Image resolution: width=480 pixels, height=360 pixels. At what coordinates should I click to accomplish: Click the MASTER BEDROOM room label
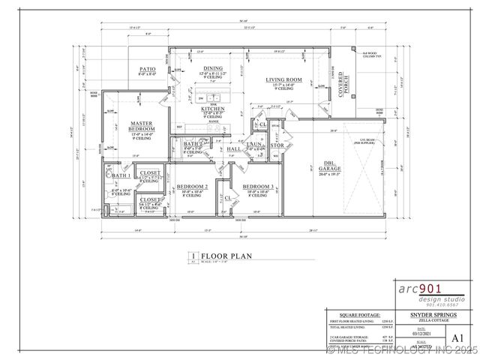point(142,126)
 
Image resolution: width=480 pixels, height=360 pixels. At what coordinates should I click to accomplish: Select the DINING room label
point(213,68)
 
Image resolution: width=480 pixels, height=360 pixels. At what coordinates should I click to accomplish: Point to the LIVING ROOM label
point(283,79)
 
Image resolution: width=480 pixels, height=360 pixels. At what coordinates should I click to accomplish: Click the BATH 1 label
point(121,175)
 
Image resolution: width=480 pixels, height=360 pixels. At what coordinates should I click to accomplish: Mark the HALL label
point(234,149)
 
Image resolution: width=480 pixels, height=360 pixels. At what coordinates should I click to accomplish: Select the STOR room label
point(276,145)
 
